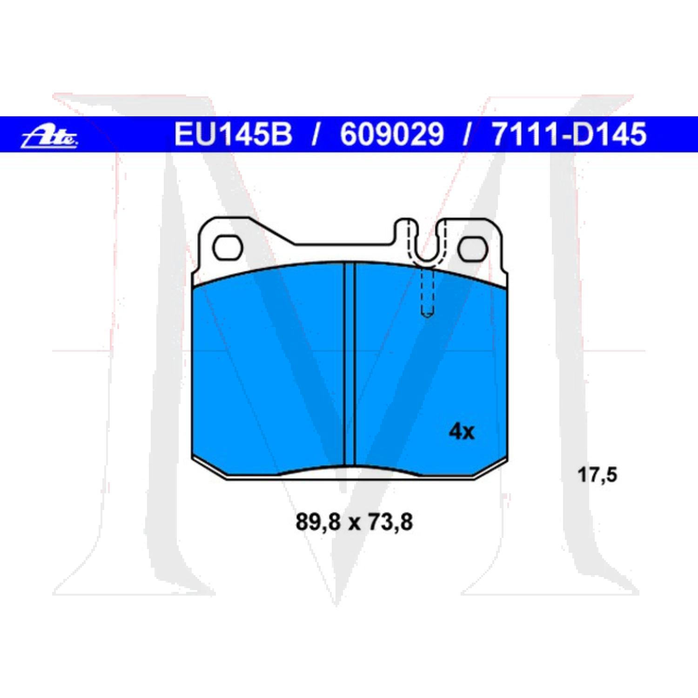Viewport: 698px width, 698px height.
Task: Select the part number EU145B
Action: tap(233, 134)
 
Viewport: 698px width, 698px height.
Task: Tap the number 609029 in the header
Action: tap(392, 134)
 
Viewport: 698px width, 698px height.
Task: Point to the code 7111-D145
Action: tap(569, 134)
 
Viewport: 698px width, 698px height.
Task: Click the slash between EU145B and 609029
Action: tap(315, 134)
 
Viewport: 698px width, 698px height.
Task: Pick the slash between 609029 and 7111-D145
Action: tap(467, 134)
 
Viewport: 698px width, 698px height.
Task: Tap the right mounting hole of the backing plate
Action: tap(472, 248)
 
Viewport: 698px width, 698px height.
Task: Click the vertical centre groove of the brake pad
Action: tap(349, 363)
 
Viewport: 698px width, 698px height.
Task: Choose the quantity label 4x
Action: tap(461, 432)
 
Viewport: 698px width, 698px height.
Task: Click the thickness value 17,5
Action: tap(597, 475)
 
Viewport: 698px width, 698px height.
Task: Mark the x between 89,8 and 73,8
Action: tap(354, 523)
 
